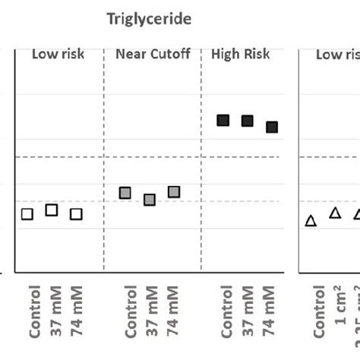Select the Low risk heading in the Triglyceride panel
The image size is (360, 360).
tap(58, 55)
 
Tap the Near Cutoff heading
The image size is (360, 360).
tap(152, 55)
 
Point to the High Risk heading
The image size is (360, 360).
tap(239, 55)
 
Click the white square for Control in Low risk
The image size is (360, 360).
tap(27, 214)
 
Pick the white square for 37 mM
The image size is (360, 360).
tap(52, 210)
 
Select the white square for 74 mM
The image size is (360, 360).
tap(76, 214)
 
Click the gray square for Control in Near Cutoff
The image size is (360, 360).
tap(125, 193)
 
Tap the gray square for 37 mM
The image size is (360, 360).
tap(150, 200)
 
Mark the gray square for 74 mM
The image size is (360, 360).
tap(174, 192)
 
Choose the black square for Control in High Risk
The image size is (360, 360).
tap(223, 120)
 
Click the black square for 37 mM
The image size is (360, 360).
tap(248, 121)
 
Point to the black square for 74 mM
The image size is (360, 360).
tap(272, 127)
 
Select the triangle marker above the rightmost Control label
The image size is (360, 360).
tap(311, 221)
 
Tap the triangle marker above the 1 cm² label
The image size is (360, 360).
tap(335, 213)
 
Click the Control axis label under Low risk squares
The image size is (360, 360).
tap(34, 311)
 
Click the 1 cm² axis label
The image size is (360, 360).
tap(341, 319)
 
